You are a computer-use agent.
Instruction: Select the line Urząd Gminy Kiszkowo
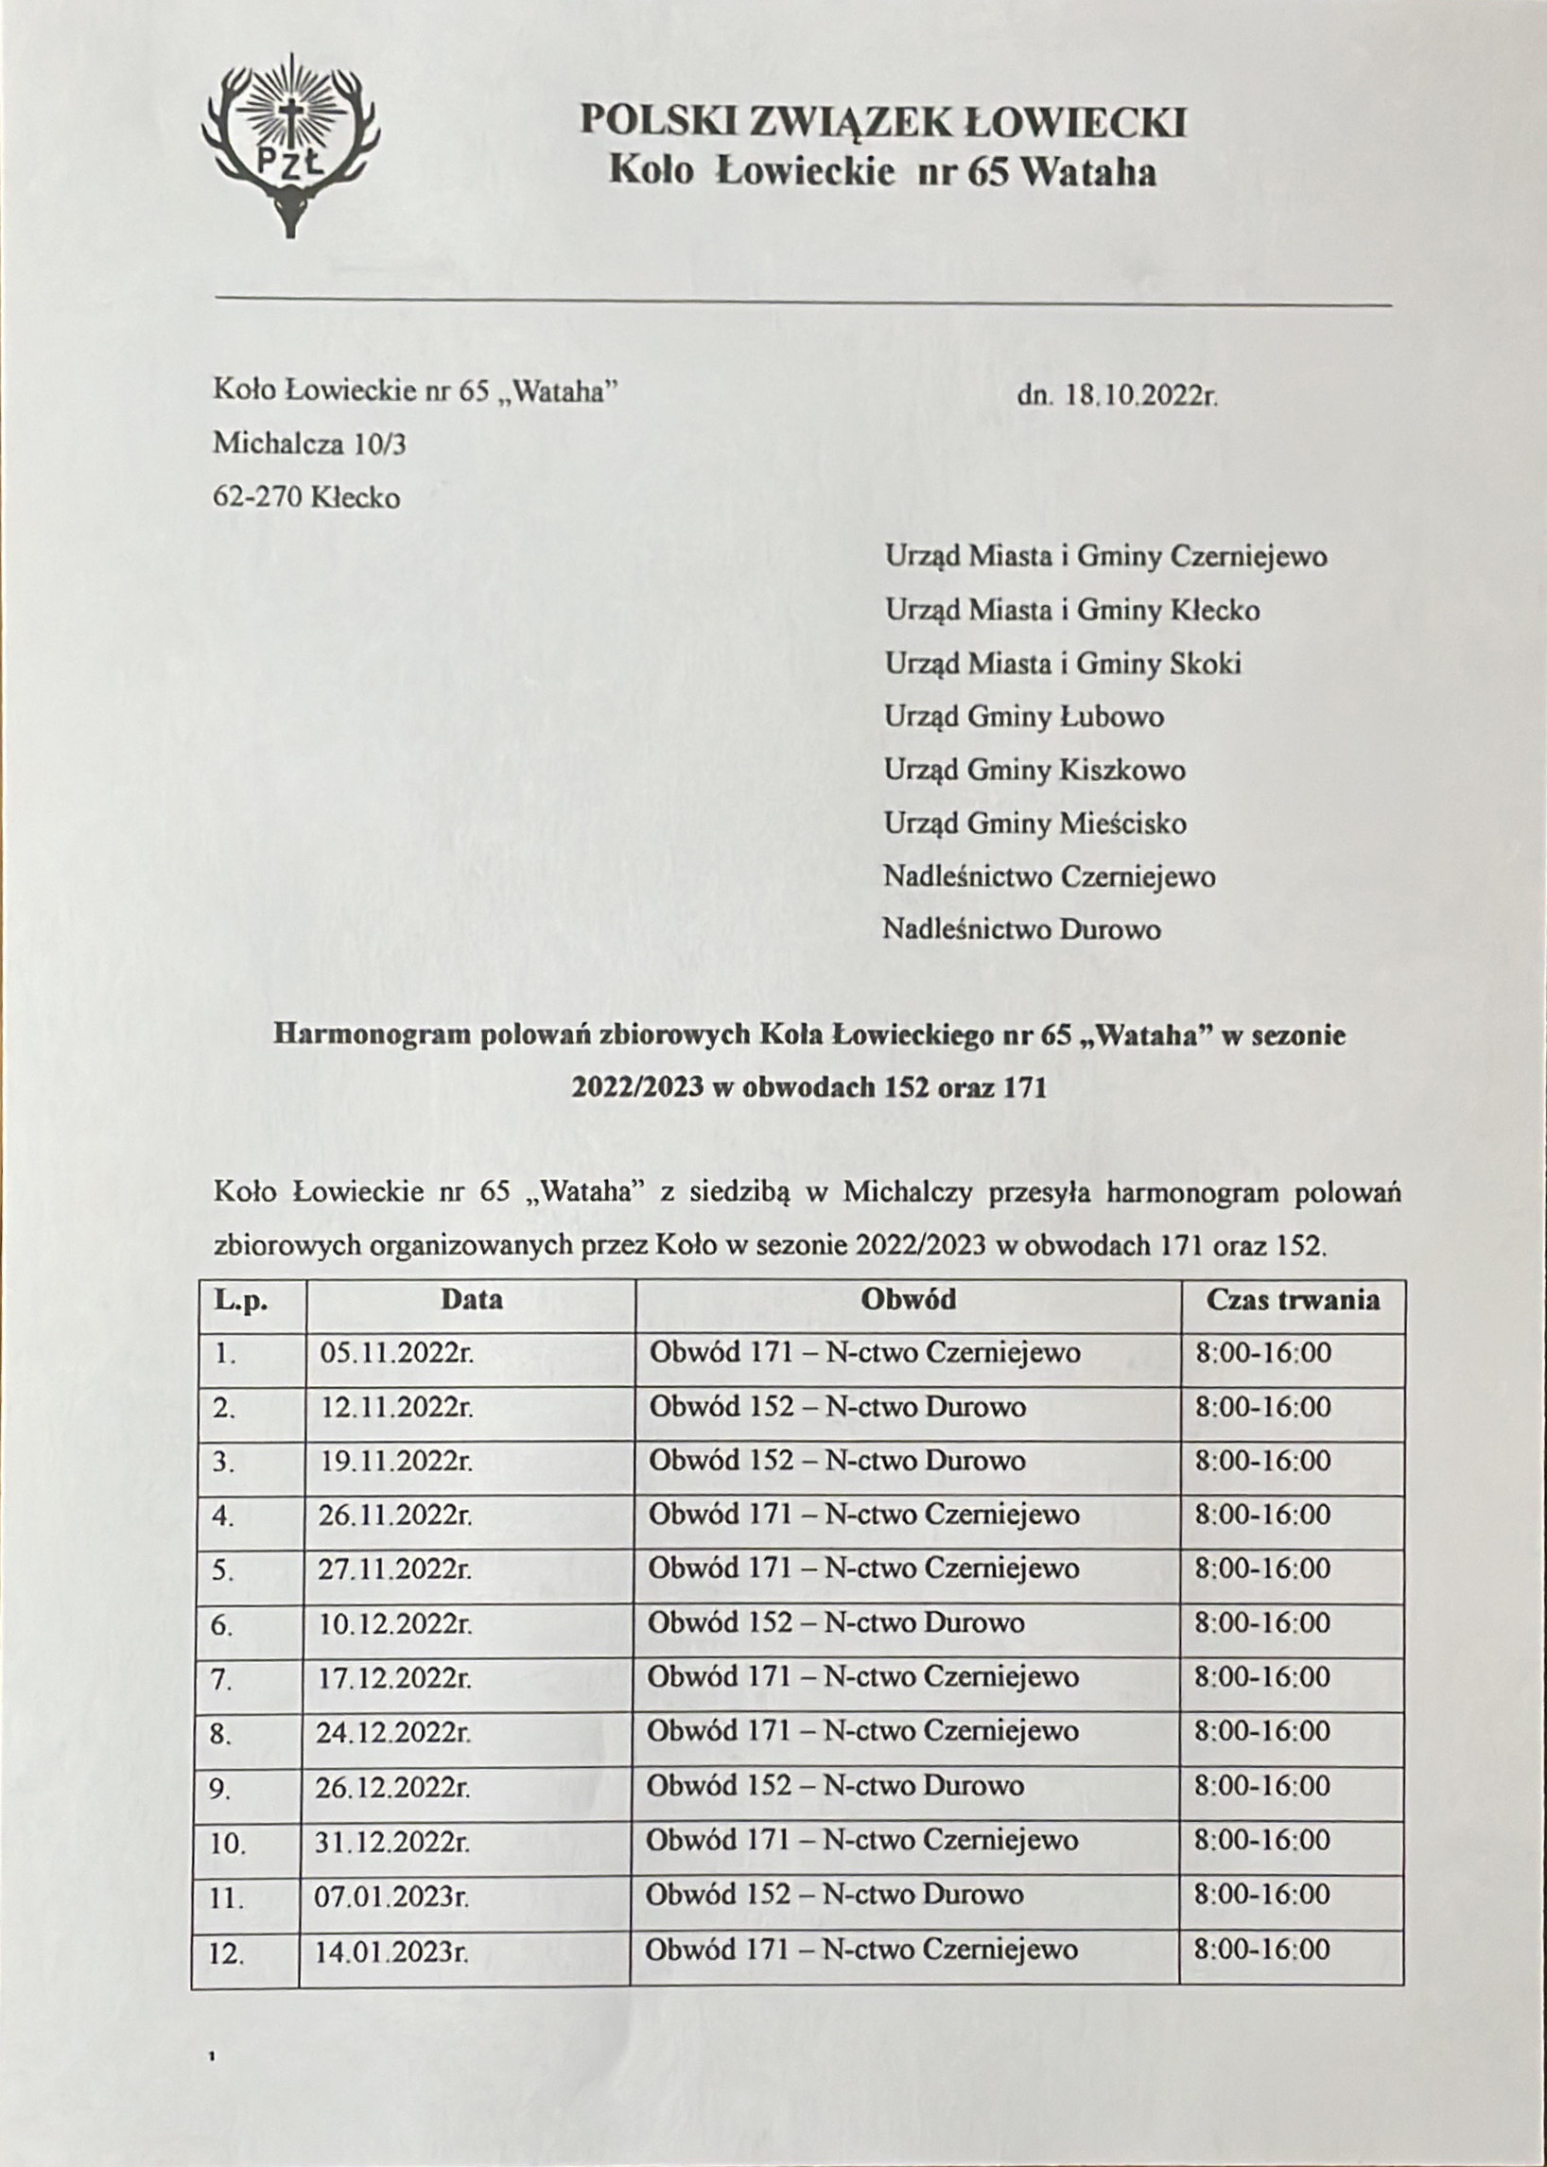click(x=1034, y=770)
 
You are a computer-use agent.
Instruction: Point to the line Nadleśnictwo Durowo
click(x=1021, y=928)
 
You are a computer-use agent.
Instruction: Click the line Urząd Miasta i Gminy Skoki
click(x=1063, y=663)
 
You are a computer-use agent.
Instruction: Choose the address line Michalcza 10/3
click(x=309, y=442)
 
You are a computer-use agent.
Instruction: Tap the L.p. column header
click(x=240, y=1300)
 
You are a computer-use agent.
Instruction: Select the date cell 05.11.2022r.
click(x=396, y=1353)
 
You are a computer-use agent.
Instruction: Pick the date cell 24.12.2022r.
click(x=393, y=1732)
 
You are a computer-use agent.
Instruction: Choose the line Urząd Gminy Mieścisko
click(x=1034, y=823)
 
